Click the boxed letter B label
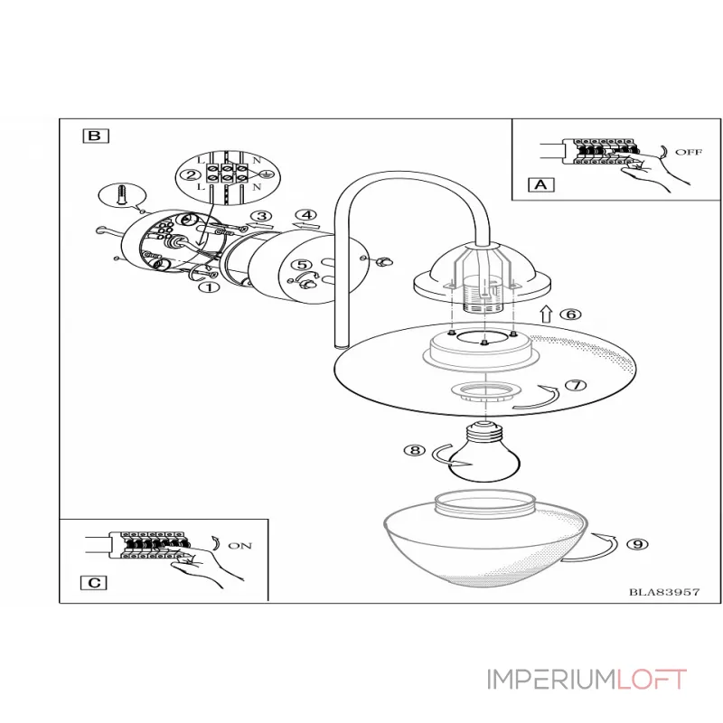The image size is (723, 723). coord(95,136)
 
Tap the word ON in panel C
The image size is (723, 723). coord(241,546)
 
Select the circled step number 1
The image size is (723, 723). coord(209,287)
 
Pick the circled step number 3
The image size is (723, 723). coord(261,216)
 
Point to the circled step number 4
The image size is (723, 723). coord(307,215)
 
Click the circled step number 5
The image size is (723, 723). coord(299,266)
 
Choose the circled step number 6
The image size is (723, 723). coord(569,315)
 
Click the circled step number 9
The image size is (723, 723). coord(638,543)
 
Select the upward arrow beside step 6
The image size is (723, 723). coord(545,315)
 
